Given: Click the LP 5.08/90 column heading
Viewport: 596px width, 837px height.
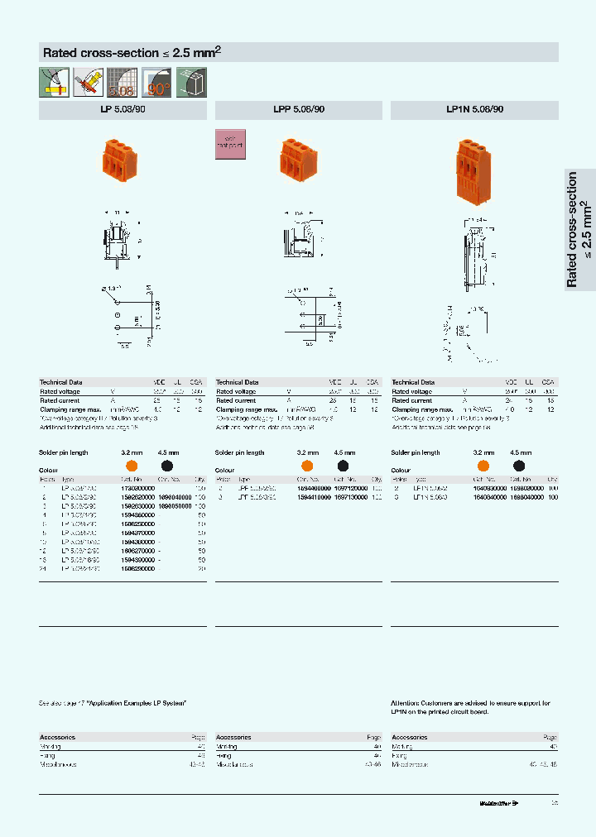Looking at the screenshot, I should coord(123,110).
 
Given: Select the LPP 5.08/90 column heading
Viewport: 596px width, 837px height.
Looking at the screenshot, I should coord(299,110).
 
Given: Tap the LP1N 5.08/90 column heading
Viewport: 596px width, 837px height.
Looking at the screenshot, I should coord(474,110).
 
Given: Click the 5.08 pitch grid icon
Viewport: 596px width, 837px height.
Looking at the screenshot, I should coord(123,83).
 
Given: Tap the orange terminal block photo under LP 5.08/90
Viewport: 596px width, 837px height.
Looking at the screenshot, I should coord(118,156).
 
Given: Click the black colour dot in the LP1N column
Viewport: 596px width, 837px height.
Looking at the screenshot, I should coord(519,466).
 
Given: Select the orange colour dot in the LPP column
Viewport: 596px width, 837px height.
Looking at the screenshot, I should coord(306,466).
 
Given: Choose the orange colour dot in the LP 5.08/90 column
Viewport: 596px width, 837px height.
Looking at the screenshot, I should coord(131,466).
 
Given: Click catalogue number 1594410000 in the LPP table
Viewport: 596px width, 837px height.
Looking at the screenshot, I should coord(313,498).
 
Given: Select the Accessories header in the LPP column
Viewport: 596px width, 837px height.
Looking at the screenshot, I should coord(233,737).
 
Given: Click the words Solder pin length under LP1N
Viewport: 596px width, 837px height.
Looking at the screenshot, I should coord(416,453).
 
